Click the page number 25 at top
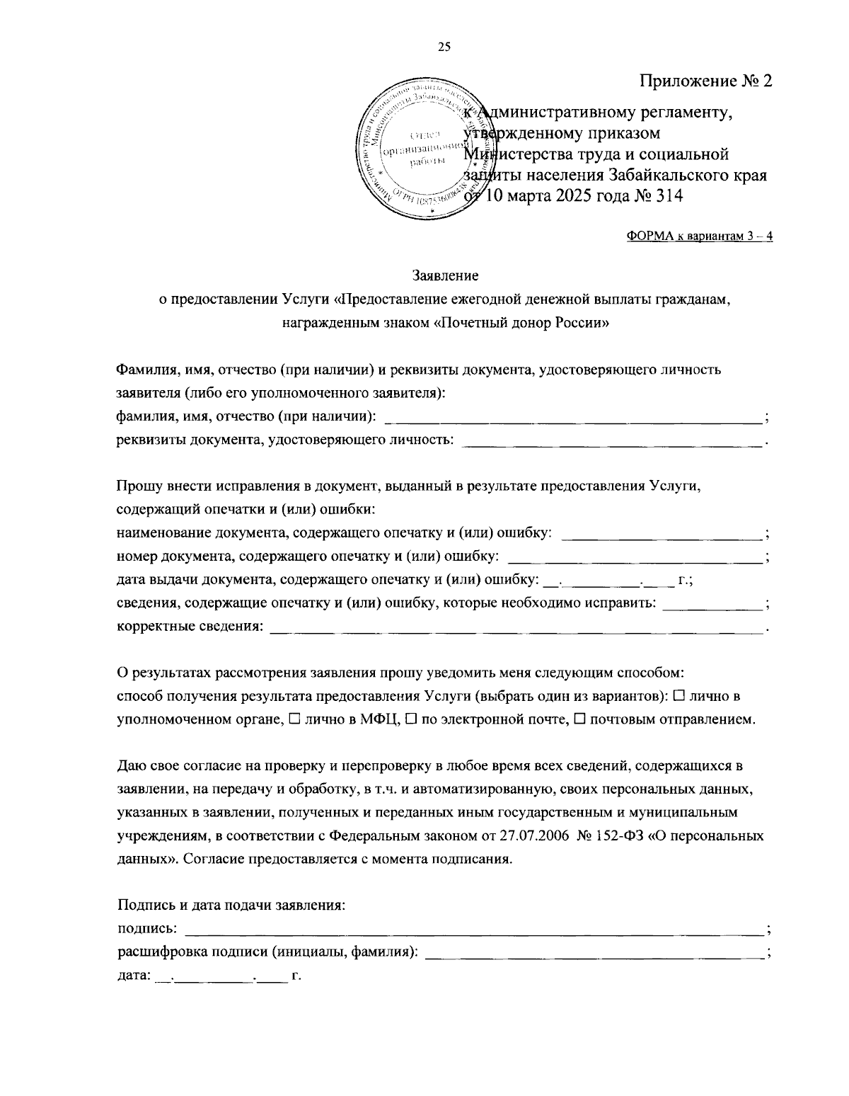click(x=444, y=47)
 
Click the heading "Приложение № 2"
click(x=705, y=81)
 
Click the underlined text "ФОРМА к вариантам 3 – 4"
click(x=700, y=236)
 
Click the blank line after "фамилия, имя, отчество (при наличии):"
click(x=573, y=419)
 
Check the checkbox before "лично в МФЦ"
click(x=294, y=719)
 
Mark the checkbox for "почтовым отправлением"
click(x=579, y=719)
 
